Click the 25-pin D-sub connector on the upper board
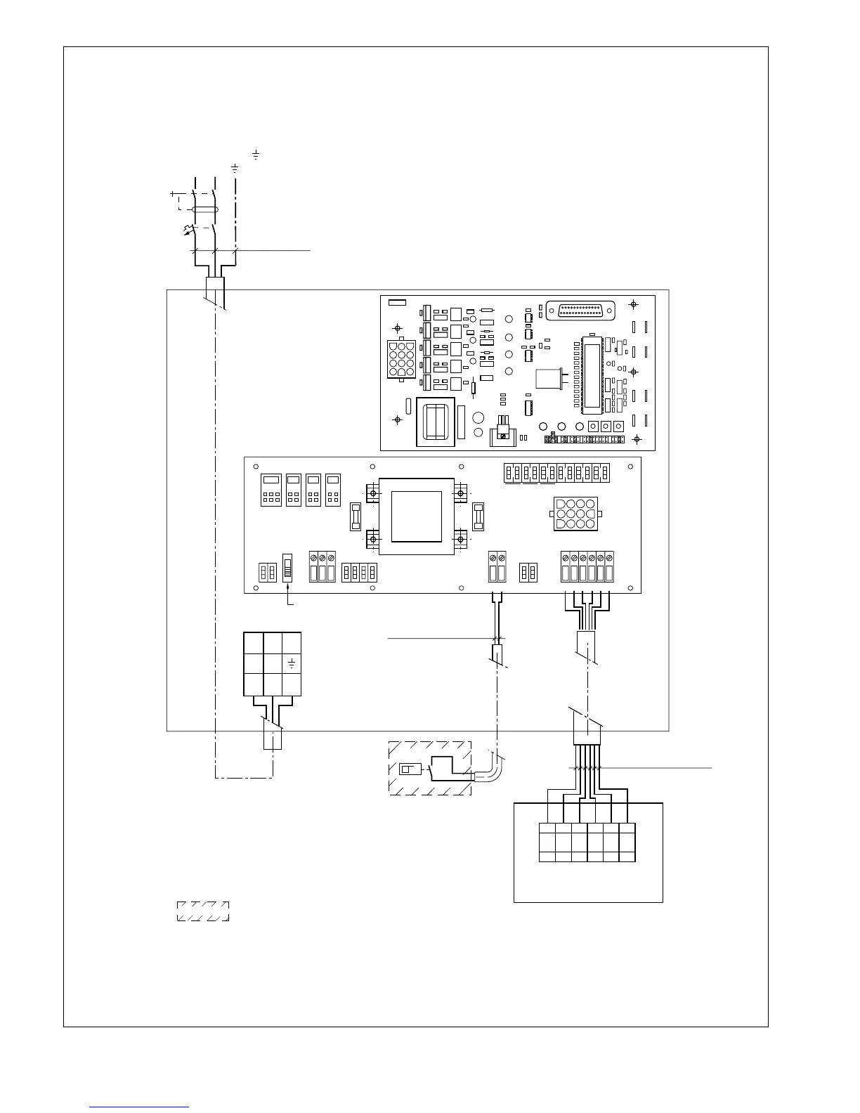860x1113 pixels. click(585, 310)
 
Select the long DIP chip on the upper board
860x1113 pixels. click(591, 375)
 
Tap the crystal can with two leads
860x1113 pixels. click(549, 379)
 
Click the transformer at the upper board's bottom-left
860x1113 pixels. click(436, 422)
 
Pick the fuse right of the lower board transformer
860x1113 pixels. click(478, 516)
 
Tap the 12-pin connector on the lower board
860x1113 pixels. click(575, 514)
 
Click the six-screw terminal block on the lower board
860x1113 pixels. click(587, 567)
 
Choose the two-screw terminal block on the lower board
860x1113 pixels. click(497, 567)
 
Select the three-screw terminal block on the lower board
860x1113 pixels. click(322, 567)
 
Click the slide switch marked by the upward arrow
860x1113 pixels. click(287, 566)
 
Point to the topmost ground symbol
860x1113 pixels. click(256, 154)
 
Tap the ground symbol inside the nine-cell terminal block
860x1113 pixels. click(292, 663)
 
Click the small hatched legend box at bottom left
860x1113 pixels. click(202, 911)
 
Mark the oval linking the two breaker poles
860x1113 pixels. click(204, 209)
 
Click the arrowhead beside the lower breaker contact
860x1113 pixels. click(185, 230)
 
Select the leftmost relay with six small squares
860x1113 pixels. click(271, 490)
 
